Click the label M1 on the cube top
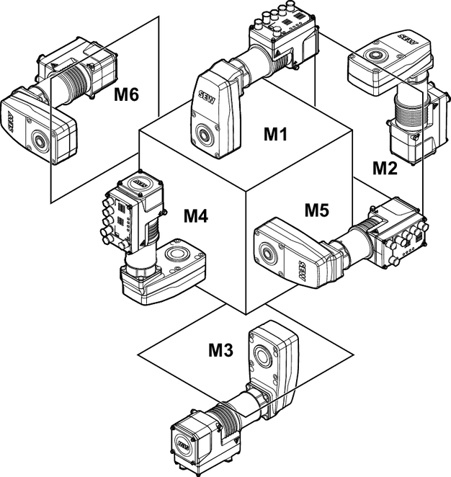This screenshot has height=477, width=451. pos(274,133)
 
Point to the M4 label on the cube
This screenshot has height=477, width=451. pos(195,215)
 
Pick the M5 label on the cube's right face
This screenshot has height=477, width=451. pos(316,210)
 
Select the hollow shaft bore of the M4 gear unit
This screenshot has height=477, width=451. pos(176,253)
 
